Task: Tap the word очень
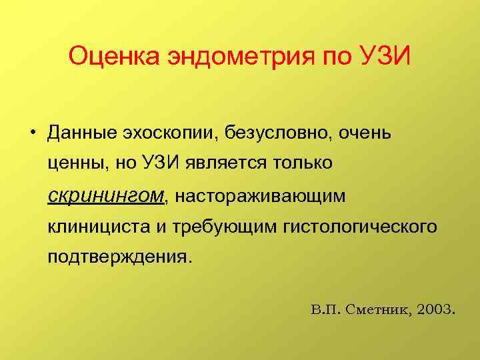click(x=363, y=132)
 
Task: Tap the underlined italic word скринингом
click(x=106, y=195)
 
